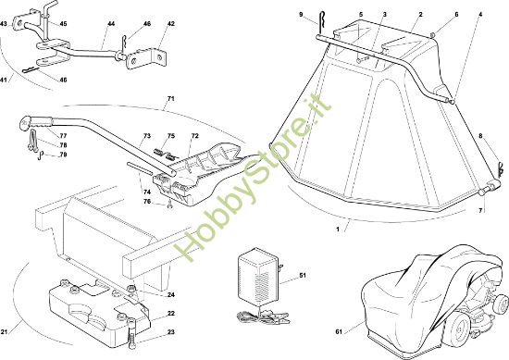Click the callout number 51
click(x=303, y=275)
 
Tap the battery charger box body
click(x=259, y=277)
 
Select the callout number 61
click(x=339, y=331)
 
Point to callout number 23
click(x=171, y=331)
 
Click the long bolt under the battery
click(x=131, y=333)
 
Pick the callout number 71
click(x=171, y=98)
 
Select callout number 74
click(x=147, y=192)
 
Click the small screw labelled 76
click(x=169, y=205)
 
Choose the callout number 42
click(x=171, y=24)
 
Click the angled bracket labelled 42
click(x=147, y=58)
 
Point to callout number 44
click(x=111, y=24)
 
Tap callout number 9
click(x=301, y=14)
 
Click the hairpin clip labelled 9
click(x=321, y=23)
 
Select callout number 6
click(x=456, y=14)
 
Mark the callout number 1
click(x=338, y=230)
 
